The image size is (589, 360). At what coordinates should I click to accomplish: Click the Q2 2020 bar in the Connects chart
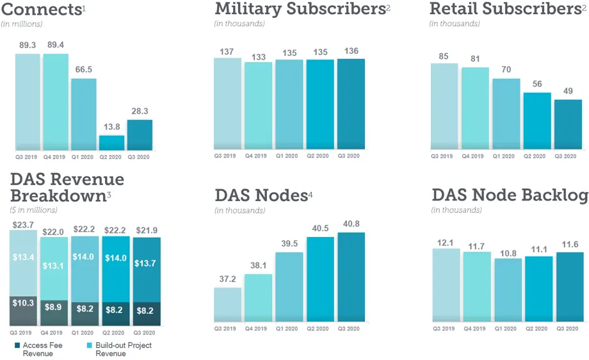[x=111, y=143]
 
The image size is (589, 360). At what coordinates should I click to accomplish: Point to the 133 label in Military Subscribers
[x=259, y=57]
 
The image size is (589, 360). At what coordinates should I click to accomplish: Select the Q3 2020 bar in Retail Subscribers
[x=568, y=124]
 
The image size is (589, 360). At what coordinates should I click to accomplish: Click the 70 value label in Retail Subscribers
[x=506, y=70]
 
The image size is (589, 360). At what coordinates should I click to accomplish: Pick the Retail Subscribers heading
[x=505, y=9]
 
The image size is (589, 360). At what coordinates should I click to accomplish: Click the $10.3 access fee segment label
[x=24, y=303]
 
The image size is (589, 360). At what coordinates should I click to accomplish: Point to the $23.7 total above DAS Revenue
[x=24, y=225]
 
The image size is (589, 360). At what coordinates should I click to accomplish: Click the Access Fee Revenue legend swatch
[x=17, y=345]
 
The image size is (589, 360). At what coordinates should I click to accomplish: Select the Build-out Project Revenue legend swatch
[x=90, y=345]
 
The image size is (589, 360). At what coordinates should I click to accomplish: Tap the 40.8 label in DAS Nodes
[x=351, y=224]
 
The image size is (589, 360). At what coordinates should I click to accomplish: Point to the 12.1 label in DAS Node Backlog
[x=446, y=243]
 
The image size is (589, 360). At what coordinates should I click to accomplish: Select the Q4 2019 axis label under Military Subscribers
[x=259, y=156]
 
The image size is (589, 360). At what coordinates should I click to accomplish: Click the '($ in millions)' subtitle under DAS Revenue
[x=34, y=209]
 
